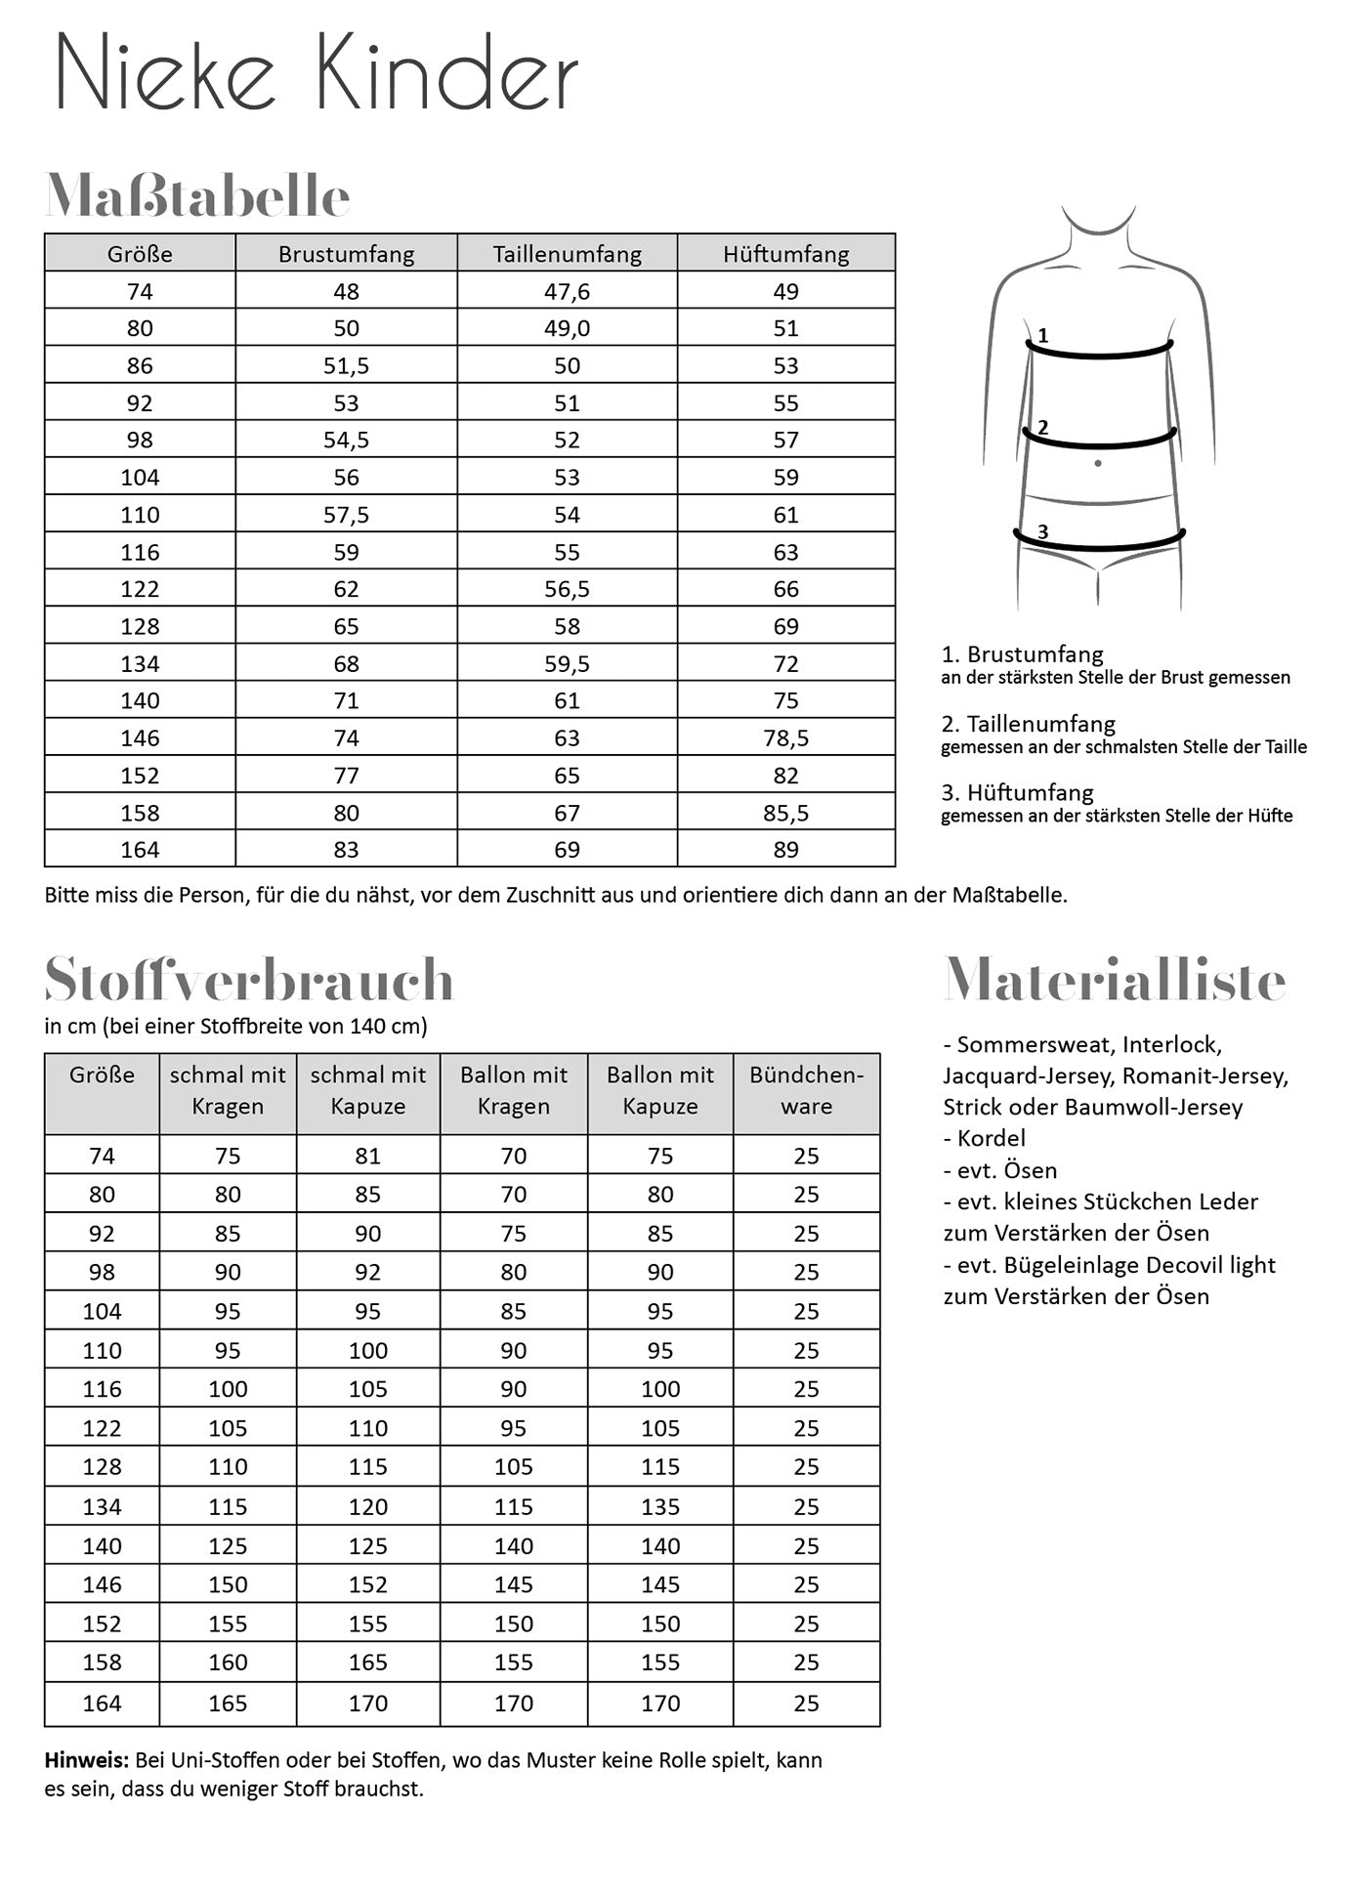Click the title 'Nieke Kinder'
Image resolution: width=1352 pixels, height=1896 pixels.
tap(317, 74)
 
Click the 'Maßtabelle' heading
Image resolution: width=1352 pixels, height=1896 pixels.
tap(197, 196)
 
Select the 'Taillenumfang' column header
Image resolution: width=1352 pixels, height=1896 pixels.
tap(567, 254)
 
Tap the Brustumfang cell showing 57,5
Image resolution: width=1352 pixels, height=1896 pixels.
tap(346, 515)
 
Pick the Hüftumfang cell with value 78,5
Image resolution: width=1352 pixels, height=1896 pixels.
tap(785, 738)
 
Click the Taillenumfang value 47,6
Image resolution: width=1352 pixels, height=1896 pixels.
tap(567, 291)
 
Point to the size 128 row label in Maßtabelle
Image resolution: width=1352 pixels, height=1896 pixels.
tap(140, 626)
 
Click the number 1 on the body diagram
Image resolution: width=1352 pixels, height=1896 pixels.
tap(1042, 336)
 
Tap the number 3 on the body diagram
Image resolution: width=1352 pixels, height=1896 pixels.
tap(1042, 532)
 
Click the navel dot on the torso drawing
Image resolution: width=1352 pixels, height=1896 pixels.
tap(1098, 463)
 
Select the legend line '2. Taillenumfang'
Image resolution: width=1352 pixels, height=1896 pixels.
tap(1028, 724)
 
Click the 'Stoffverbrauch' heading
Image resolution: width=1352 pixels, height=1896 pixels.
tap(249, 980)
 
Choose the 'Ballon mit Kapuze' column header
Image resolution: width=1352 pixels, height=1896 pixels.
tap(660, 1090)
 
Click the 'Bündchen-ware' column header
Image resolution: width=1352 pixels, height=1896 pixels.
tap(806, 1090)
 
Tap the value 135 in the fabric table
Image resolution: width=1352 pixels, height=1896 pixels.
tap(660, 1506)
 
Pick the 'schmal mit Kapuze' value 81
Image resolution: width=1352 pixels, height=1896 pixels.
tap(367, 1156)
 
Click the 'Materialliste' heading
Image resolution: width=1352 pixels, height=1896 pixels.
tap(1114, 980)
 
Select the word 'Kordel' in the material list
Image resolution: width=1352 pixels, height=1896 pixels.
tap(991, 1138)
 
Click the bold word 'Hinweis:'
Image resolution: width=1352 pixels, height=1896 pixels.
tap(86, 1760)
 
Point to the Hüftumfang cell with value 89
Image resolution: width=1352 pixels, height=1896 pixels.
tap(785, 850)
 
